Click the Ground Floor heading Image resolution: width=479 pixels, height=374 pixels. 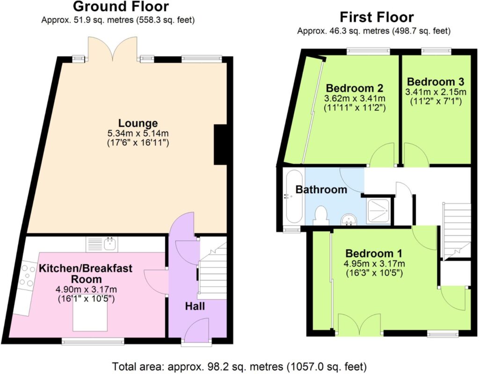tap(121, 7)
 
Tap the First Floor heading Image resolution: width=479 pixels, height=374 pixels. tap(377, 17)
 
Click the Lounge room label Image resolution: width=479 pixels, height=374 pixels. tap(138, 123)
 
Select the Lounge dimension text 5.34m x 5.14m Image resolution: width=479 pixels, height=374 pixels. tap(138, 133)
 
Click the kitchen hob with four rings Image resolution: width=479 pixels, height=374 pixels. tap(27, 276)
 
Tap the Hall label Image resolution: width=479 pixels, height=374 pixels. tap(195, 306)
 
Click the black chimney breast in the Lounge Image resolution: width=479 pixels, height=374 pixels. tap(220, 145)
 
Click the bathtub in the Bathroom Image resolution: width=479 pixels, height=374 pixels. tap(294, 196)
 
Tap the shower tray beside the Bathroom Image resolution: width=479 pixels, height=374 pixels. tap(378, 211)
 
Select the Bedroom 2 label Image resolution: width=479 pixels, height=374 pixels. tap(355, 88)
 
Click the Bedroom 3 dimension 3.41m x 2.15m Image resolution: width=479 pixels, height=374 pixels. tap(435, 92)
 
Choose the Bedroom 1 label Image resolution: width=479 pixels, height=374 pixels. tap(374, 253)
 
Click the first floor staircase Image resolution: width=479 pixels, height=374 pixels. tap(456, 230)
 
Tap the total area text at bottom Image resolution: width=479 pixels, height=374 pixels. tap(239, 366)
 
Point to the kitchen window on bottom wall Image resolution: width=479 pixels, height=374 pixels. tap(93, 341)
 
